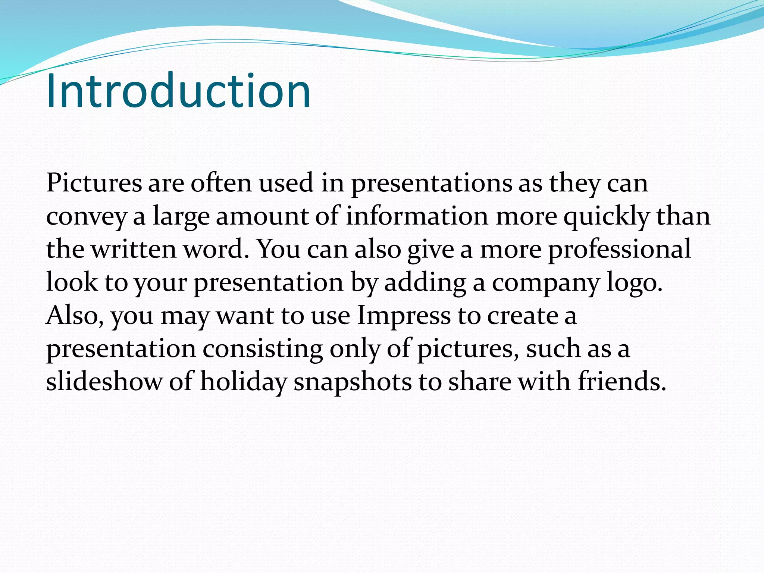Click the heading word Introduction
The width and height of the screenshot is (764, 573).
[x=178, y=91]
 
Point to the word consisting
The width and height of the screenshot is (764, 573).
[x=263, y=349]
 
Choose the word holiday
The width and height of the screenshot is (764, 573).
[x=244, y=382]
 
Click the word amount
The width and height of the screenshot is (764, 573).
[x=262, y=217]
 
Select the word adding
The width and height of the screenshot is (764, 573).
[x=425, y=283]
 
